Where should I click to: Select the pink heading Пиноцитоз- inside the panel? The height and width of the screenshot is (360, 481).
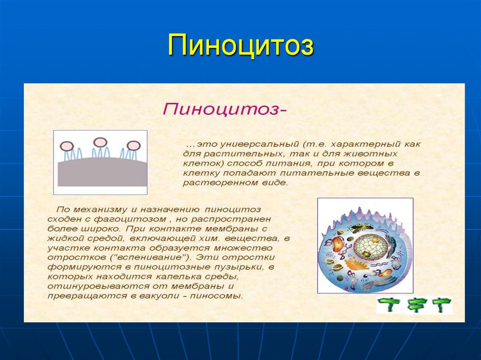225,110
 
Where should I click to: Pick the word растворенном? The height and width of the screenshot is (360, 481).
214,183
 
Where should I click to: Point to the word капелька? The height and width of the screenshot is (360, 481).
170,277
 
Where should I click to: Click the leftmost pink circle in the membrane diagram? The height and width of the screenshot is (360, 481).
66,146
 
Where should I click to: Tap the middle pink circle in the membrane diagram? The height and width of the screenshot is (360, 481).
100,142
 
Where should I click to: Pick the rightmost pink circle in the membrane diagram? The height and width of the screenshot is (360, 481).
133,146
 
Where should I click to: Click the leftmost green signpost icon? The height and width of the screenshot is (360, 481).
389,305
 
